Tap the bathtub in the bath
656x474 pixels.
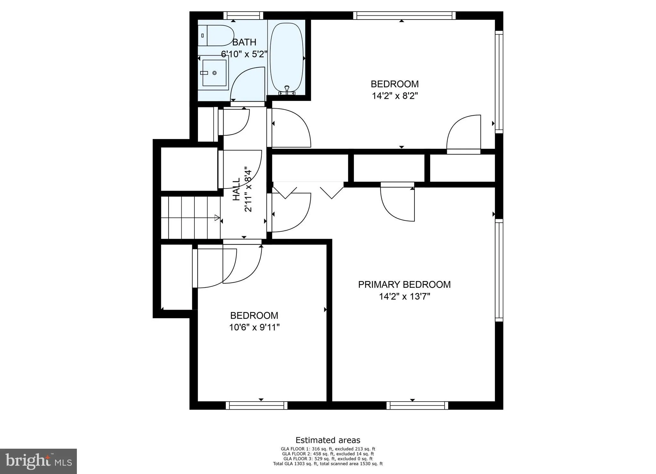pos(286,58)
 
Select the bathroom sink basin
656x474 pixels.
pos(214,73)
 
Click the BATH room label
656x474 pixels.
pos(244,42)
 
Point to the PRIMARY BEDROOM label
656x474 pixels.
pos(404,285)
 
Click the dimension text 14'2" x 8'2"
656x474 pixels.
pos(395,96)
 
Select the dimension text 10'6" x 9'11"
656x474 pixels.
pos(254,328)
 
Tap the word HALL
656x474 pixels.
pos(236,189)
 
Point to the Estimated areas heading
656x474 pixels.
pos(328,440)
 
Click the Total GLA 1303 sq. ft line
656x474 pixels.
pos(328,463)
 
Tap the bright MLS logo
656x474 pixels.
pos(38,462)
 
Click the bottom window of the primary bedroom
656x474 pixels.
pos(417,405)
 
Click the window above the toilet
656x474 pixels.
pos(243,15)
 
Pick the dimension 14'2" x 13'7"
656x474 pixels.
pos(404,297)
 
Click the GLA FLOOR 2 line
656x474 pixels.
pos(328,454)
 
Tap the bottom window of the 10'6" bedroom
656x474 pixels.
pos(257,405)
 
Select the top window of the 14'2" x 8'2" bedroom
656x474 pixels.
pos(404,15)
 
